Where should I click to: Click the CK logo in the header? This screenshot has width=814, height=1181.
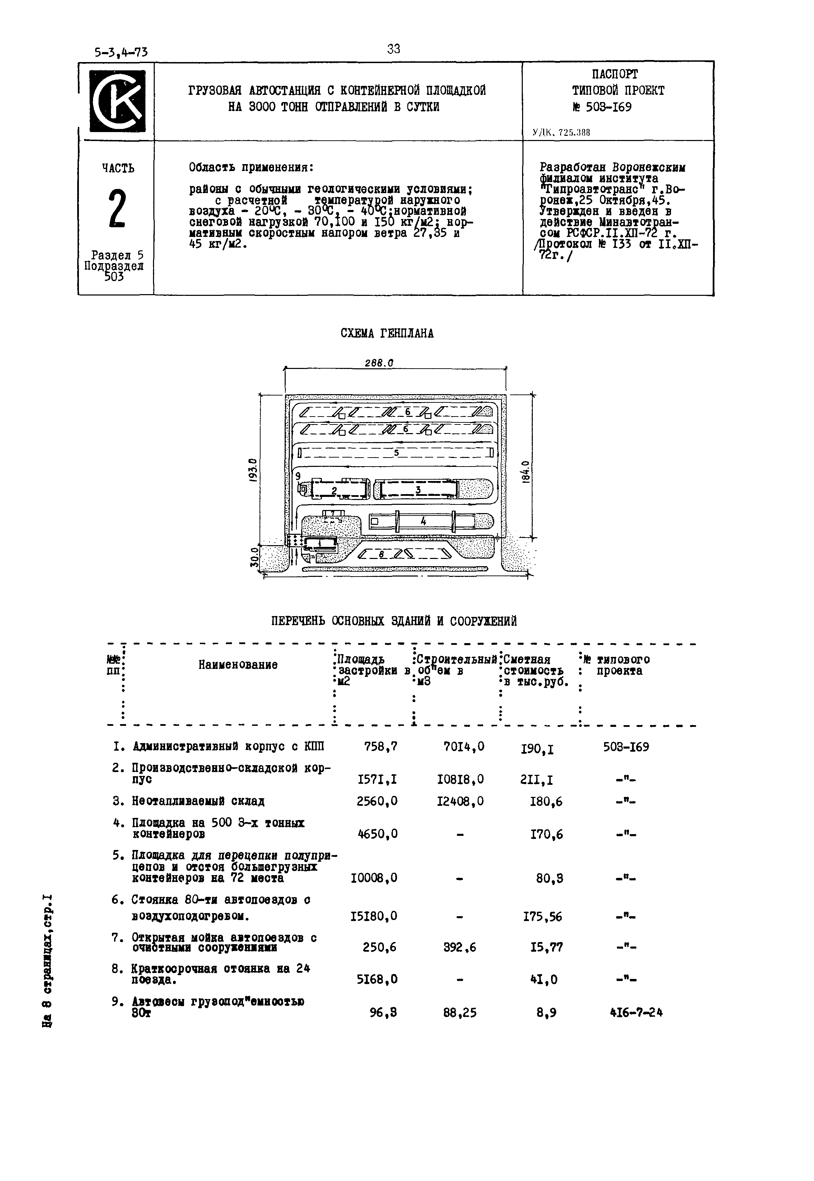(x=117, y=101)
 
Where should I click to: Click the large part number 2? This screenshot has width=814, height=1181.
(x=117, y=209)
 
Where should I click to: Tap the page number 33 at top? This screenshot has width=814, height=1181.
(x=394, y=49)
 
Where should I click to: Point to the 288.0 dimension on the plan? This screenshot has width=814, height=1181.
(x=379, y=363)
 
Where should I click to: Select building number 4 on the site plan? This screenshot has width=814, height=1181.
(x=423, y=521)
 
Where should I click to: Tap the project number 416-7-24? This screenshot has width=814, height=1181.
(x=636, y=1013)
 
